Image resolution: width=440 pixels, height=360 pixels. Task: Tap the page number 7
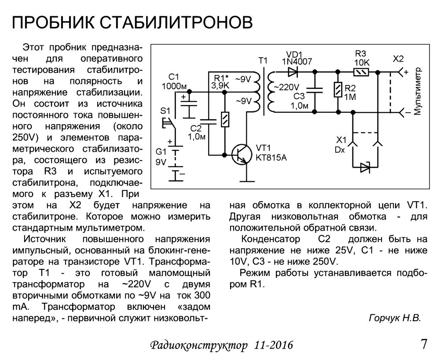[424, 344]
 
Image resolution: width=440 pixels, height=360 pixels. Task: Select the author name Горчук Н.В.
[394, 318]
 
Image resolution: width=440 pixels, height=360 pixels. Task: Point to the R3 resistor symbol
[361, 71]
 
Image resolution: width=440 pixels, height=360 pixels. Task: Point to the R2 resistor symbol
[337, 91]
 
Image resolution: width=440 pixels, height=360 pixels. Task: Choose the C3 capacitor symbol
[315, 90]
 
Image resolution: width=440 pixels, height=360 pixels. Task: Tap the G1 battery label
[161, 152]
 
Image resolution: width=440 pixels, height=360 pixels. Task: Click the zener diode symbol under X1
[365, 167]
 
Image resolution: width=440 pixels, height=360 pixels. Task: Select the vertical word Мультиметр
[418, 92]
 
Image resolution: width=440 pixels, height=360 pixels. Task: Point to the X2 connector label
[398, 59]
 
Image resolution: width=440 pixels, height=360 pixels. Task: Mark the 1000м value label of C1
[175, 86]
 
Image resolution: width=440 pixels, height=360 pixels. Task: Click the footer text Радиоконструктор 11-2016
[221, 345]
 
